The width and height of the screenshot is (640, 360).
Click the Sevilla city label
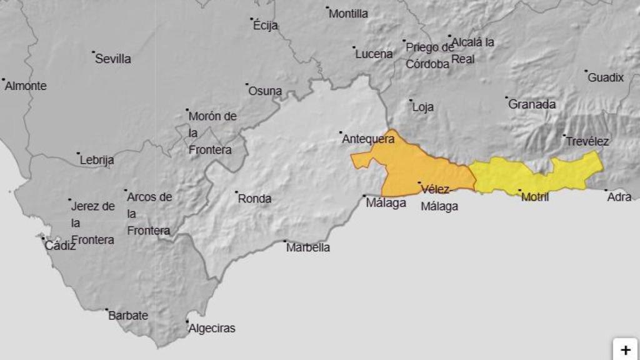tap(113, 59)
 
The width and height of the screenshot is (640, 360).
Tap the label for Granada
tap(532, 104)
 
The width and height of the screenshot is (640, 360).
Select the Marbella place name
tap(308, 247)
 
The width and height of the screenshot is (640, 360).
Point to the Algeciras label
tap(212, 328)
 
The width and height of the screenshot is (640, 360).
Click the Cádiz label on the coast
tap(60, 246)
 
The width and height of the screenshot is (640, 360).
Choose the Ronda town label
tap(255, 199)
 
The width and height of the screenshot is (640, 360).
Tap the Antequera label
tap(368, 139)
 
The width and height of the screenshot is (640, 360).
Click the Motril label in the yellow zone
tap(535, 197)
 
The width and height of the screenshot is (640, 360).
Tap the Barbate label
tap(128, 316)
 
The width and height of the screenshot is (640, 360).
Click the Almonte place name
tap(26, 86)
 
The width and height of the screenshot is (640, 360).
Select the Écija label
tap(266, 26)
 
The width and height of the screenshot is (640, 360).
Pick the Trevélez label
tap(587, 142)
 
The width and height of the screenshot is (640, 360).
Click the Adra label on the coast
tap(619, 197)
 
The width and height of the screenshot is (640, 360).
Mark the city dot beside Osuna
tap(247, 84)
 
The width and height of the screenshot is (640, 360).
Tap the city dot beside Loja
tap(411, 101)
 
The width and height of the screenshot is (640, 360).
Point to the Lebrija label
tap(97, 160)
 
